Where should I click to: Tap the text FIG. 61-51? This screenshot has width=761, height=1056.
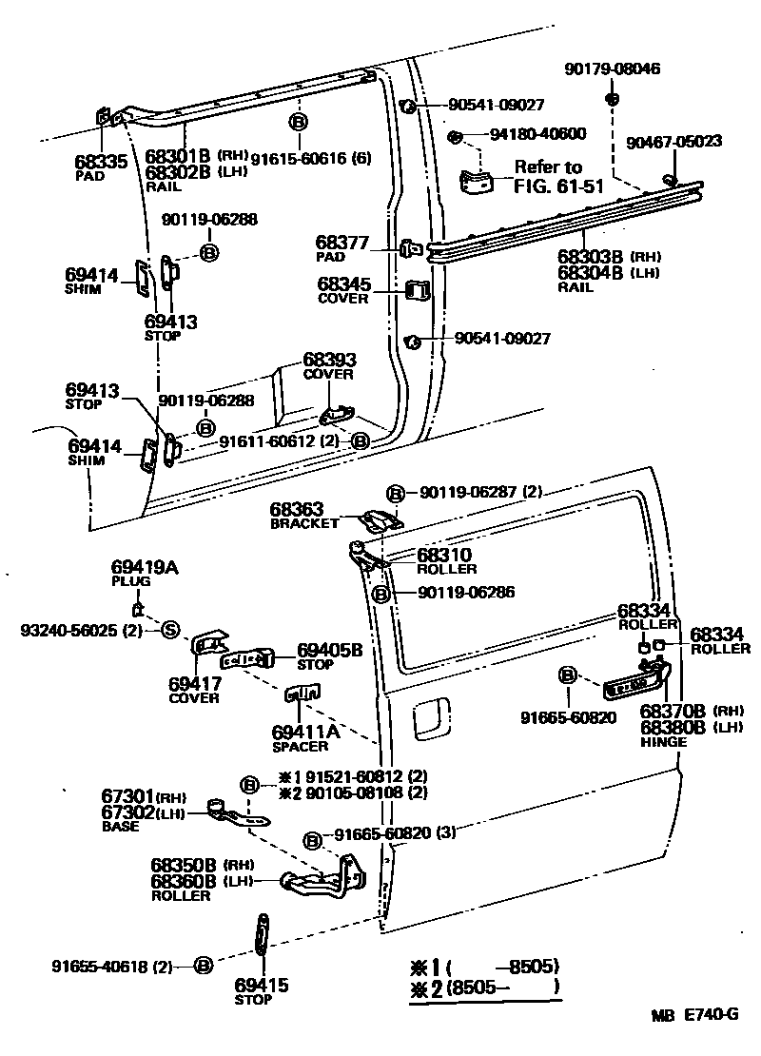[x=559, y=186]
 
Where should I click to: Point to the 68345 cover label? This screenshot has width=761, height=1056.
[x=344, y=284]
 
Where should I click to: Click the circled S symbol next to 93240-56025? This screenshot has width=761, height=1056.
[x=169, y=629]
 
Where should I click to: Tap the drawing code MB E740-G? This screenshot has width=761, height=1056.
[x=694, y=1014]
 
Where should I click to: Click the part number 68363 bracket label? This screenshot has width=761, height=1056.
[x=298, y=510]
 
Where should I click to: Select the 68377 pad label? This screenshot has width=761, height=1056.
[x=341, y=244]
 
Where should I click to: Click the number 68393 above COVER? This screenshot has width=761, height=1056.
[x=329, y=361]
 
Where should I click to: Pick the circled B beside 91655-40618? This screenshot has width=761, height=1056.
[x=202, y=967]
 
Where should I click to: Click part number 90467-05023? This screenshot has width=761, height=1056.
[x=673, y=142]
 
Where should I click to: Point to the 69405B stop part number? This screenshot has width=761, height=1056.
[x=329, y=650]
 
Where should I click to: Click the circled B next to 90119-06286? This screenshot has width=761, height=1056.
[x=380, y=593]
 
